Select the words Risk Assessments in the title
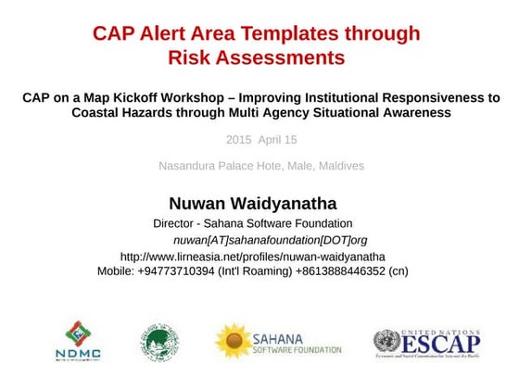tap(256, 57)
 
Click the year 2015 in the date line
tap(238, 140)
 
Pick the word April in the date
tap(272, 140)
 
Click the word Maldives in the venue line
tap(340, 166)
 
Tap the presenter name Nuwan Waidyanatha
tap(252, 203)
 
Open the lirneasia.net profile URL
tap(253, 256)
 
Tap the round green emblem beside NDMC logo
tap(160, 342)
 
